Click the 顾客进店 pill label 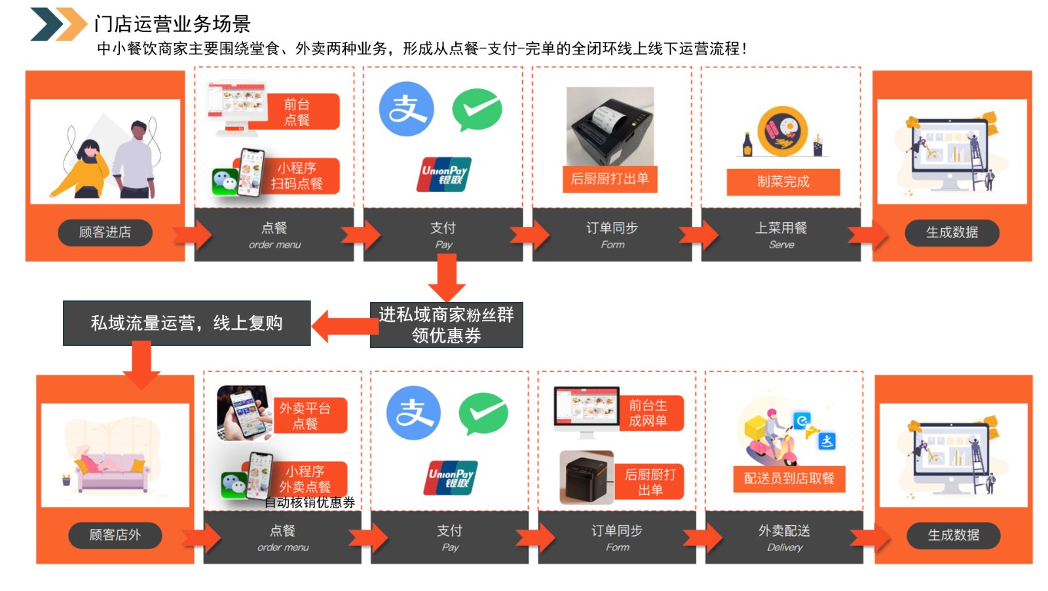click(105, 233)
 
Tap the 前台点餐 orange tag click(297, 112)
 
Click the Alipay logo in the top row click(406, 109)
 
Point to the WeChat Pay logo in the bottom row click(483, 413)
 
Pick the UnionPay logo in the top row click(444, 174)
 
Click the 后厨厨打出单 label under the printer click(609, 179)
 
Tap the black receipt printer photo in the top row click(610, 126)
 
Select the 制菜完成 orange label click(783, 181)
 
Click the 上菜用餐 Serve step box click(781, 235)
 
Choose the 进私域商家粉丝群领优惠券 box click(446, 325)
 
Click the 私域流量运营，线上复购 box click(187, 323)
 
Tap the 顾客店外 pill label click(115, 535)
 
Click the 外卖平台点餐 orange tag click(305, 416)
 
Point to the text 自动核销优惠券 click(310, 503)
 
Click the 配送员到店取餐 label click(789, 478)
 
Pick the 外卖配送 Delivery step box click(784, 537)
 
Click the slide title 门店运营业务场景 click(172, 24)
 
